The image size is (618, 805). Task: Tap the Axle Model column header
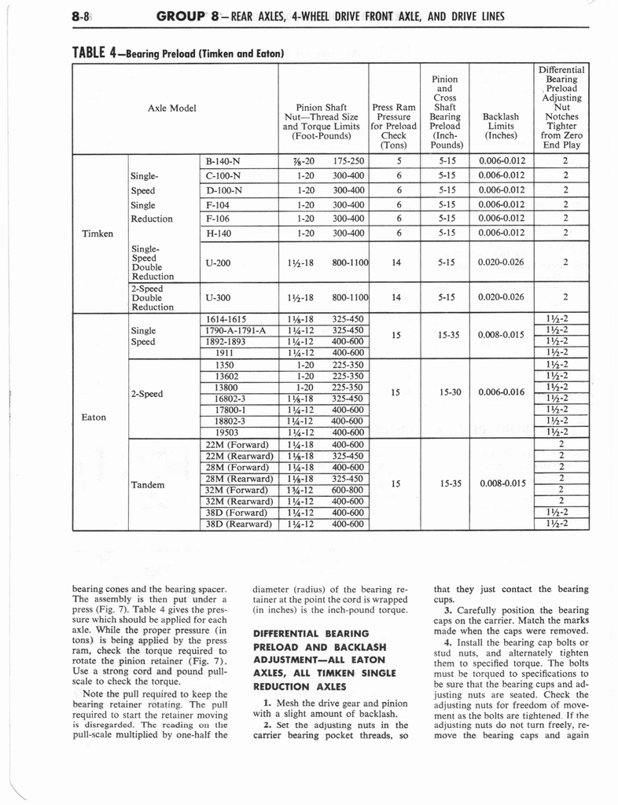[x=171, y=108]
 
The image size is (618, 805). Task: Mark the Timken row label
[x=99, y=233]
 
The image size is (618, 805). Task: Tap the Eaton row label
[x=94, y=417]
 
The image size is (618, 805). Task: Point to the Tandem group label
[x=149, y=484]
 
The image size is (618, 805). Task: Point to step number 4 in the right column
[x=447, y=642]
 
